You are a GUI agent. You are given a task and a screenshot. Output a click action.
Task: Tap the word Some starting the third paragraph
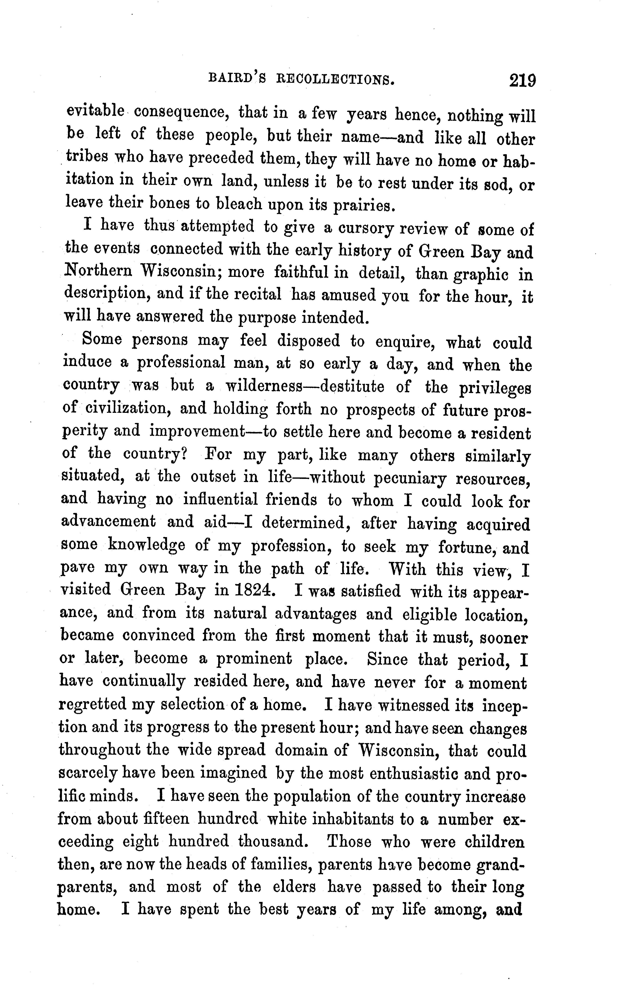coord(102,339)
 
